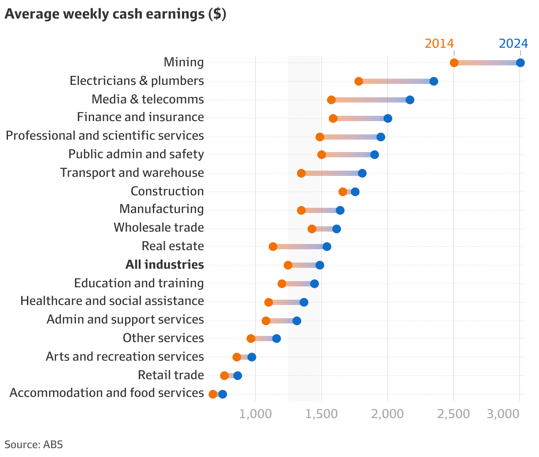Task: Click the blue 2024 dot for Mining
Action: (x=520, y=63)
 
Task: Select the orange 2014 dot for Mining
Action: (x=454, y=63)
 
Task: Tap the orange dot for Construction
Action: (x=342, y=192)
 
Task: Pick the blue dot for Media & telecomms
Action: (x=410, y=100)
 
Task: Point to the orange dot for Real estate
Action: (x=273, y=247)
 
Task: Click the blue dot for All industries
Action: (x=319, y=265)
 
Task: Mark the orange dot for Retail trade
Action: (x=224, y=376)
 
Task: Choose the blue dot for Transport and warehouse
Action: (x=362, y=173)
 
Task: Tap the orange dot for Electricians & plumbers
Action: (x=358, y=81)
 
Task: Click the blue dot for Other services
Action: (x=276, y=339)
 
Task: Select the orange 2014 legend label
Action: (x=439, y=43)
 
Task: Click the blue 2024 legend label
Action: (x=513, y=43)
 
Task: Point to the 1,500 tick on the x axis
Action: (x=321, y=414)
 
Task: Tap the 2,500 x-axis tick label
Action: (x=454, y=414)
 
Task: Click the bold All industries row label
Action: (x=164, y=265)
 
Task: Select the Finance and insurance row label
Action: (x=140, y=117)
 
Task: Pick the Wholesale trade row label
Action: (x=159, y=228)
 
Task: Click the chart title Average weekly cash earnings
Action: (x=115, y=14)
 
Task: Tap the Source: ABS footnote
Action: (x=34, y=445)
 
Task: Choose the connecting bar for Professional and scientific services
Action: (x=350, y=137)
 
